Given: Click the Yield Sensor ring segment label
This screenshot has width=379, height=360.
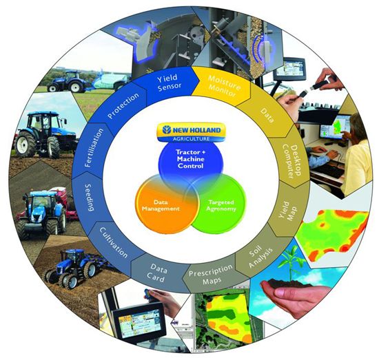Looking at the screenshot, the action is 169,83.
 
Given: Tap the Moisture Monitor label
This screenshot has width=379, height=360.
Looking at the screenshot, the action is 223,85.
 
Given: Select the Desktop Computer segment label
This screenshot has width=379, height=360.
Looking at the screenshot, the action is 292,161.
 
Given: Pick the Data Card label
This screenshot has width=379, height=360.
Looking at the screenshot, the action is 157,273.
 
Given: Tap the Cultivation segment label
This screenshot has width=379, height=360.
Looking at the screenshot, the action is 114,242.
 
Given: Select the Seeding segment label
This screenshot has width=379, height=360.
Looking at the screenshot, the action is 89,198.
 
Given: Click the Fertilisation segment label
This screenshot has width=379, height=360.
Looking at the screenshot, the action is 94,148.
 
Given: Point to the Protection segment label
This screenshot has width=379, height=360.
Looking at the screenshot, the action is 123,105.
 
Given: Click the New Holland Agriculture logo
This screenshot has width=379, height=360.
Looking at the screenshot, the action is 191,133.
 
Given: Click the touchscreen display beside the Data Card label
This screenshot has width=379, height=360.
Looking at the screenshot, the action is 139,321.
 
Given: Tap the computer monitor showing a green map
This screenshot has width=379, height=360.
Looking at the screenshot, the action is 336,127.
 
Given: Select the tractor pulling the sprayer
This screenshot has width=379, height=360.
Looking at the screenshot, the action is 67,81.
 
